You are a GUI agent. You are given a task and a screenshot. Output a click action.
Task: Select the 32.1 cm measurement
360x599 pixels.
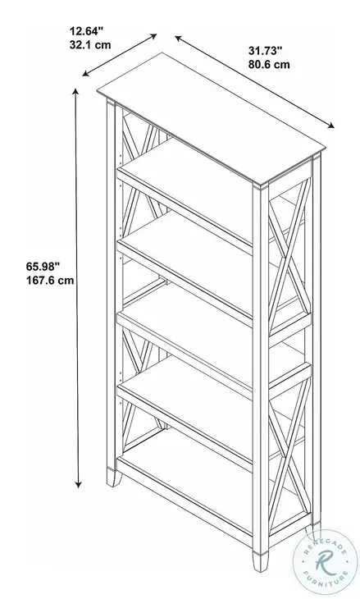click(x=90, y=47)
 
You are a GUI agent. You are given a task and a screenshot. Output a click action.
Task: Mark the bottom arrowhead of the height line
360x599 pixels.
click(x=79, y=487)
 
